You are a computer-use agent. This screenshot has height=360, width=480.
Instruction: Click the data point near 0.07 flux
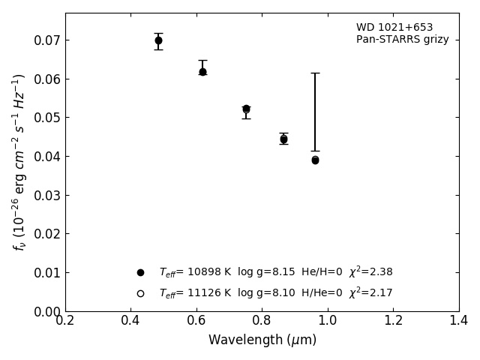pos(158,40)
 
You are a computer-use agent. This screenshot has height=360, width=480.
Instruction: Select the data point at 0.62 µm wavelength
pos(202,72)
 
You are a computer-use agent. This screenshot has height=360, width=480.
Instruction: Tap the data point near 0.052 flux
pos(246,109)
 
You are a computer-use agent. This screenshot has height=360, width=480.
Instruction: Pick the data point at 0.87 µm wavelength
pos(283,139)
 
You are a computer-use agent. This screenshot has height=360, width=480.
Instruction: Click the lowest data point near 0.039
pos(315,160)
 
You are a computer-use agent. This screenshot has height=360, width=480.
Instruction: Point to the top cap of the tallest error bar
pos(315,73)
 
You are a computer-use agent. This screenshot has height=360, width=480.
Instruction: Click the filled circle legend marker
pos(140,272)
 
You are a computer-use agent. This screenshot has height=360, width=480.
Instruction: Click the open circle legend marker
pos(140,293)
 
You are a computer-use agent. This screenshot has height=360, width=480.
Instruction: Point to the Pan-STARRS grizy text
pos(402,40)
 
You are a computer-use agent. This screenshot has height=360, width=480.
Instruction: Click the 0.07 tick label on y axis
pos(46,40)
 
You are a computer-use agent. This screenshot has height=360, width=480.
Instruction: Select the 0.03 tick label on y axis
pos(46,195)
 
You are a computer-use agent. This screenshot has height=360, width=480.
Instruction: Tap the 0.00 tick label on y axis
pos(46,311)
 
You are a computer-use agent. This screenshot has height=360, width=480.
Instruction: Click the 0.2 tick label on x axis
pos(65,321)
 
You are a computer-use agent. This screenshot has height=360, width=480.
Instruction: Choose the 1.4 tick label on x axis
pos(458,321)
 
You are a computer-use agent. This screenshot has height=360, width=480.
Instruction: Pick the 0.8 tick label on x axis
pos(262,321)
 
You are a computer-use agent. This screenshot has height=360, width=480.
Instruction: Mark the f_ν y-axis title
pos(19,161)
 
